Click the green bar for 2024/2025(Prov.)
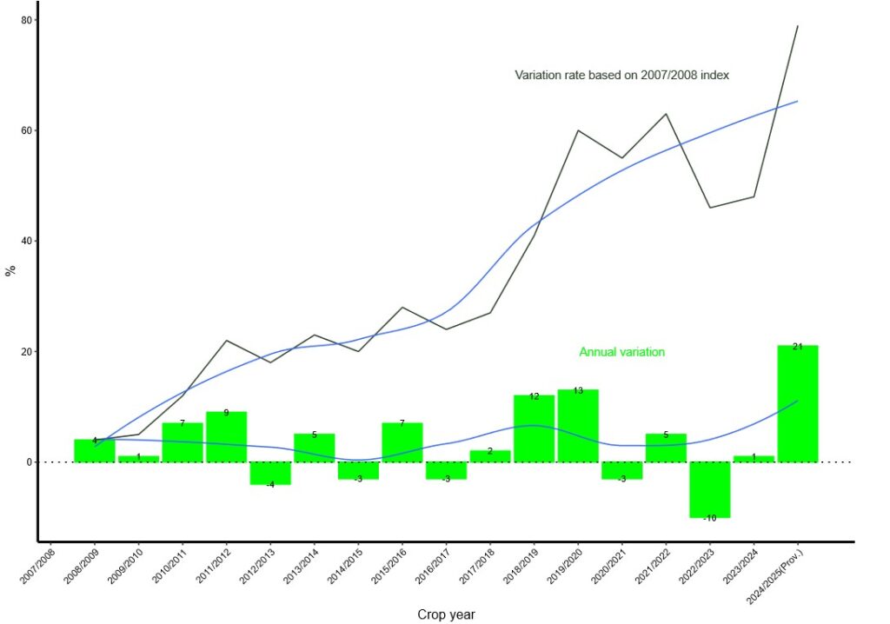797,404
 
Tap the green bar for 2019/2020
578,426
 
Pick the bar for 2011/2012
226,436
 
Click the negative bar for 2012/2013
270,473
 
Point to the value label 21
797,347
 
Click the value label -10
709,518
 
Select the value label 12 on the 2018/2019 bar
534,396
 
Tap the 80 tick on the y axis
27,20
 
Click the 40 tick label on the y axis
27,241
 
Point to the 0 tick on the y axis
30,462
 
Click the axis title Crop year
446,614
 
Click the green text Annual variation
621,352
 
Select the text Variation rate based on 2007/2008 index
621,75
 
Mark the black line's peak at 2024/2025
797,26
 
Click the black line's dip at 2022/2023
709,208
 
